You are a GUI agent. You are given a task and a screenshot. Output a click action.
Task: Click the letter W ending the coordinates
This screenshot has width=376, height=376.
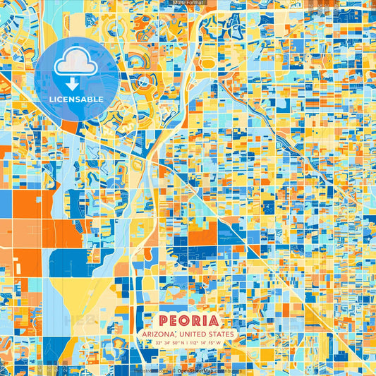[219, 343]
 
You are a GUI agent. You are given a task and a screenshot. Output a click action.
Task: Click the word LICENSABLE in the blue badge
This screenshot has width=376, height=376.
[76, 99]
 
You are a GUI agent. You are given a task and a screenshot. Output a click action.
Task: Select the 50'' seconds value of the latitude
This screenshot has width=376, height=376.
[177, 343]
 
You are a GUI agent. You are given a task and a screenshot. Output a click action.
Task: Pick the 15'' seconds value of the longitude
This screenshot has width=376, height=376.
[212, 343]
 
